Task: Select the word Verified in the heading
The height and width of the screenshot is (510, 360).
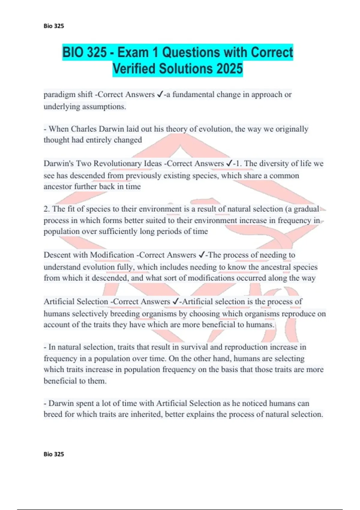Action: (134, 69)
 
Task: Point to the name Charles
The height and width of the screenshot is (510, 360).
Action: (84, 129)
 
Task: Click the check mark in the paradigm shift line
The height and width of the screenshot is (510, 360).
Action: (160, 94)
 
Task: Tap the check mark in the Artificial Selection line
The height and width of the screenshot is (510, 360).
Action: (176, 301)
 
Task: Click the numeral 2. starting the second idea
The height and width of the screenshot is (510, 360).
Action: (46, 209)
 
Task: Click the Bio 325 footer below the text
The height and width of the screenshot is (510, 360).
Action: (54, 454)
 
